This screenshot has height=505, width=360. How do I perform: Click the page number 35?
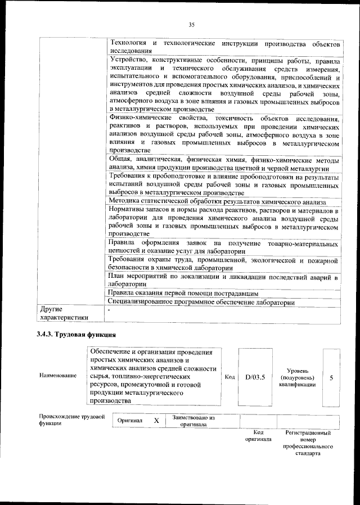[191, 24]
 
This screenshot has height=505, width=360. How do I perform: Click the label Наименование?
[57, 376]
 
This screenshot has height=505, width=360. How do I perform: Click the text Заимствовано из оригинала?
[194, 421]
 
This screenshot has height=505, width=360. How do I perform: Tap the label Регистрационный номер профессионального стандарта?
[308, 443]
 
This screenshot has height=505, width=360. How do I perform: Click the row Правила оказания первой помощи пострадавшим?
[183, 293]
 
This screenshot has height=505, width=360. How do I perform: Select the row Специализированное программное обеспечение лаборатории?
[201, 302]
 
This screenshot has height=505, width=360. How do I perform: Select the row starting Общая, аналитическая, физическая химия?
[223, 163]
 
